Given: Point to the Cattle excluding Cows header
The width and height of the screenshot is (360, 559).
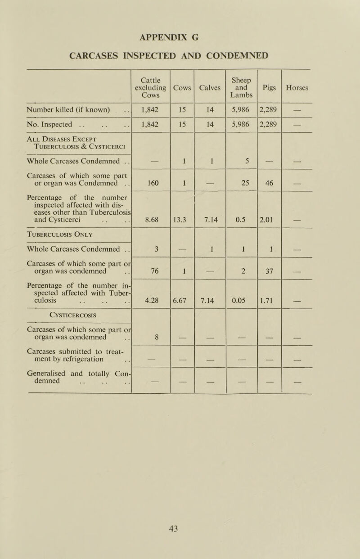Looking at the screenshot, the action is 151,88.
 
